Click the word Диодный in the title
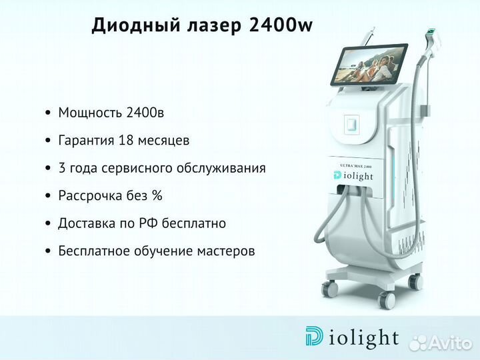(136, 25)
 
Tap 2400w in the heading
(281, 25)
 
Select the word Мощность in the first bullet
(87, 113)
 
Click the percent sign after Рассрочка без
(157, 195)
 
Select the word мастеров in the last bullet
(226, 251)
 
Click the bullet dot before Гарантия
(48, 141)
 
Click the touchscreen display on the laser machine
(369, 65)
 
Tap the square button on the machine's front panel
(351, 124)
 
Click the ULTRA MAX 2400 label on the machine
(356, 166)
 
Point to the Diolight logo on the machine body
(353, 176)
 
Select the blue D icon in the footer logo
(314, 336)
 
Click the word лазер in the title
(214, 26)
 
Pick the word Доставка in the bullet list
(86, 223)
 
